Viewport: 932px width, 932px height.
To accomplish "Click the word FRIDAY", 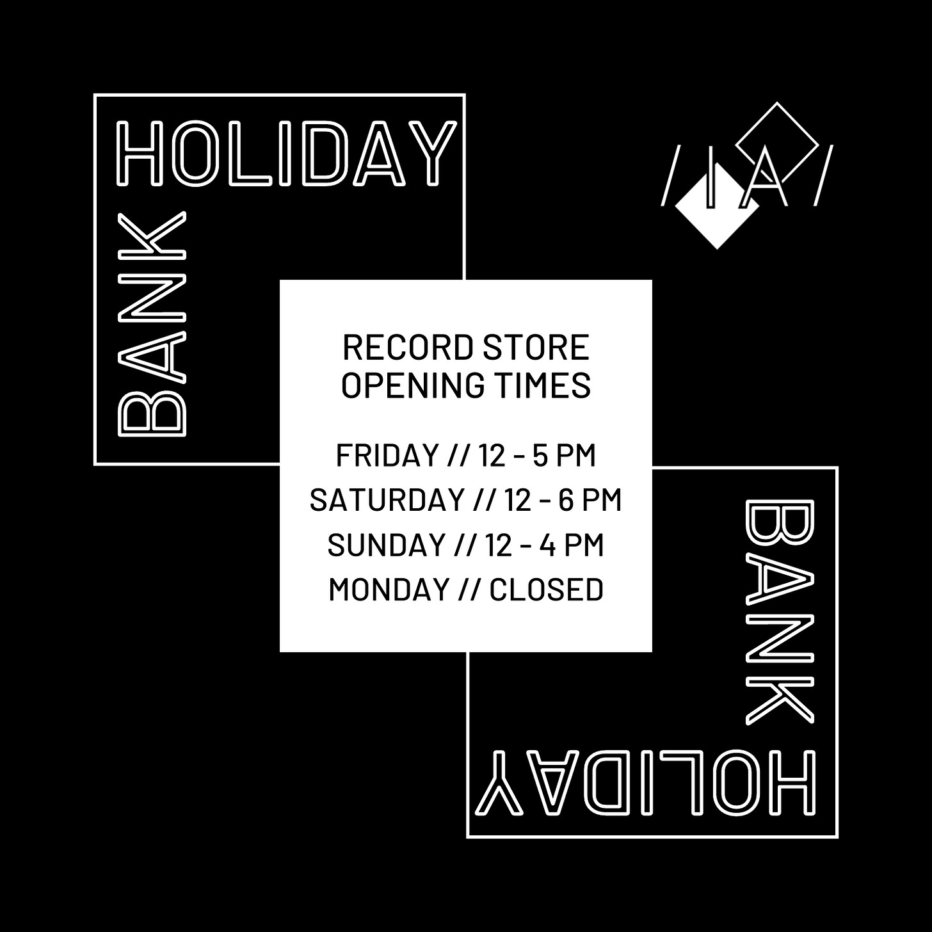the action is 387,455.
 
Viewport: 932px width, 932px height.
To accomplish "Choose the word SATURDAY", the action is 387,500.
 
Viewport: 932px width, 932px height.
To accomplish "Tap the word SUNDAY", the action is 387,545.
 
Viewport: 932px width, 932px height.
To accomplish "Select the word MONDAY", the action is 389,589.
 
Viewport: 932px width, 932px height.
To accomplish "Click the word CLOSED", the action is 546,589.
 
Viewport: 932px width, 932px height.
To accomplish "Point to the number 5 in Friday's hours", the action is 539,455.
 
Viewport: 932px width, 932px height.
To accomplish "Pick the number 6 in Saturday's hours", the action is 565,500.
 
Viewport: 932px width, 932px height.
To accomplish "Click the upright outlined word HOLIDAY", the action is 286,154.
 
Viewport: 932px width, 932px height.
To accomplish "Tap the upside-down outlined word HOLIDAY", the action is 646,782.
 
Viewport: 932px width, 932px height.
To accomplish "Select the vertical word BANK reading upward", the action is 151,324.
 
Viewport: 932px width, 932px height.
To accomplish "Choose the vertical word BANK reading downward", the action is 780,612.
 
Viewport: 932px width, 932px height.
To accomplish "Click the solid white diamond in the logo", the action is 717,206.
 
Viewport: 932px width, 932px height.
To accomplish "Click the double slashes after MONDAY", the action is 469,589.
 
